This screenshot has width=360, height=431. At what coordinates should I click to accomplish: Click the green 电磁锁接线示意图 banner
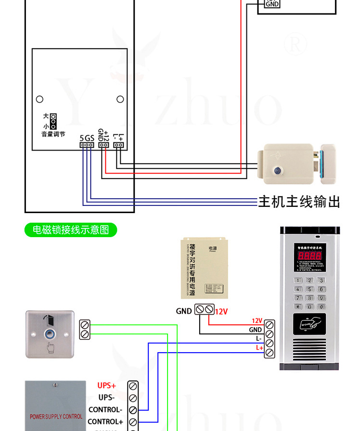[71, 230]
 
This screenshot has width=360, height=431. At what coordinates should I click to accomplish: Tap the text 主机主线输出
[299, 201]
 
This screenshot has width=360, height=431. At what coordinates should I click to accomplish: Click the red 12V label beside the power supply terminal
[221, 311]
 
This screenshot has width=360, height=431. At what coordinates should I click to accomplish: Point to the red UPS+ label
[106, 385]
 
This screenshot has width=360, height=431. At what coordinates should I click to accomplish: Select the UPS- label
[106, 397]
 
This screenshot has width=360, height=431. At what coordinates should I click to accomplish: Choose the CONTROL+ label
[105, 422]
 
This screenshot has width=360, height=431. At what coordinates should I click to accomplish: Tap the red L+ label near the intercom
[259, 347]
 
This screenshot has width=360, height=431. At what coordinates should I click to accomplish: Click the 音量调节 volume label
[53, 134]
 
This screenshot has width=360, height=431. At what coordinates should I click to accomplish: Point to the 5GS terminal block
[87, 144]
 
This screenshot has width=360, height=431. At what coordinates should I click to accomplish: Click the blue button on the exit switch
[50, 333]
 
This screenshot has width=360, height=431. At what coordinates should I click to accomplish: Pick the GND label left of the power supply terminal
[183, 311]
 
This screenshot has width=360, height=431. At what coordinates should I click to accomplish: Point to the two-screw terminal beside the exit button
[85, 330]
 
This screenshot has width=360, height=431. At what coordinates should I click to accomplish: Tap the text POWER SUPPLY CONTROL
[56, 417]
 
